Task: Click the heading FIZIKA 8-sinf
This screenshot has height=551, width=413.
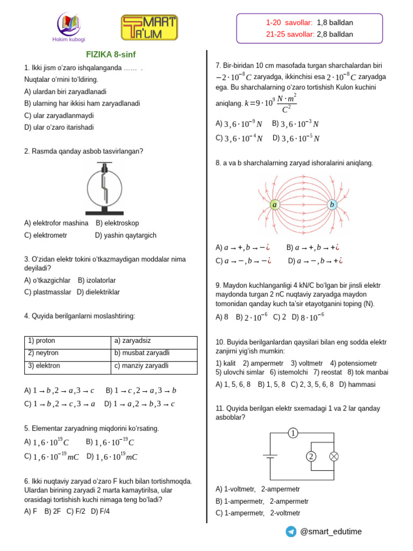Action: pyautogui.click(x=111, y=54)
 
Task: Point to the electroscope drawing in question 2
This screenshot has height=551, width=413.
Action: pyautogui.click(x=103, y=188)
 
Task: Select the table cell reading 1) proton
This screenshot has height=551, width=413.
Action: pyautogui.click(x=68, y=341)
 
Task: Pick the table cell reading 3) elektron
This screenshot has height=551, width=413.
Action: pyautogui.click(x=68, y=365)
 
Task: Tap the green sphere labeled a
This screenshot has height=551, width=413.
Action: pyautogui.click(x=275, y=205)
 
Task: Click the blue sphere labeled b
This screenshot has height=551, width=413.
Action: pyautogui.click(x=332, y=204)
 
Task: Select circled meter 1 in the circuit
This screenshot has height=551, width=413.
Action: pyautogui.click(x=293, y=433)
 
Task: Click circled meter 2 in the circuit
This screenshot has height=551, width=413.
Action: pyautogui.click(x=311, y=457)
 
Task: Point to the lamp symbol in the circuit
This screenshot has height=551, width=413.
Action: pyautogui.click(x=333, y=457)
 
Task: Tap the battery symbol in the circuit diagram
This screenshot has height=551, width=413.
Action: pyautogui.click(x=269, y=456)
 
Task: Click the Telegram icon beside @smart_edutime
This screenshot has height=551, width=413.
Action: pyautogui.click(x=291, y=532)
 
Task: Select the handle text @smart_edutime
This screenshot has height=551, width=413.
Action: pyautogui.click(x=331, y=532)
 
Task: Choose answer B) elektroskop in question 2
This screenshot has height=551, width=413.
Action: pyautogui.click(x=117, y=223)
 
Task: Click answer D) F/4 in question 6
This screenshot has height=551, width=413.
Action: pyautogui.click(x=101, y=511)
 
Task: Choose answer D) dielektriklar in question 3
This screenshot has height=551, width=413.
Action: pyautogui.click(x=98, y=292)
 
